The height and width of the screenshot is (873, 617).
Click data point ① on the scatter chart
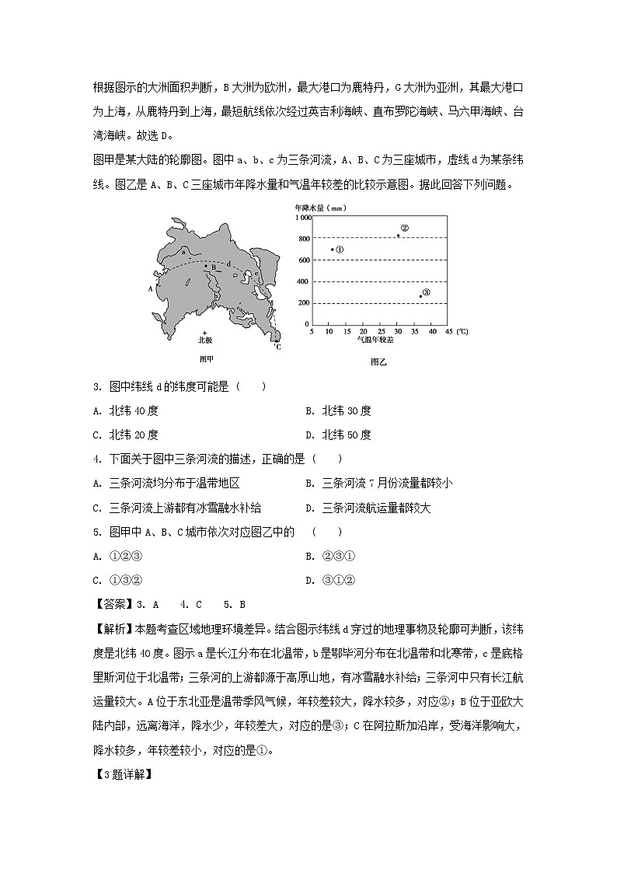tap(333, 249)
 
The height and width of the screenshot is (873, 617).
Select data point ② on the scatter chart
tap(399, 235)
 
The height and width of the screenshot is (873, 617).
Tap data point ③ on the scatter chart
tap(421, 295)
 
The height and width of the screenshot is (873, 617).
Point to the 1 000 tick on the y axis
tap(301, 217)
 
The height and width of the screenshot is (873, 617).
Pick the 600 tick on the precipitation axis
tap(304, 260)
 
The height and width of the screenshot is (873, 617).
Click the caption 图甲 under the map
tap(206, 358)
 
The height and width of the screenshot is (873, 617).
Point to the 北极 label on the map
tap(204, 340)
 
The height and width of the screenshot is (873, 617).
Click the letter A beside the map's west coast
tap(150, 288)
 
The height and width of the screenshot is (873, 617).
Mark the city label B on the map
tap(211, 267)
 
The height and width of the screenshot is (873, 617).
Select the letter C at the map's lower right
tap(277, 346)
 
